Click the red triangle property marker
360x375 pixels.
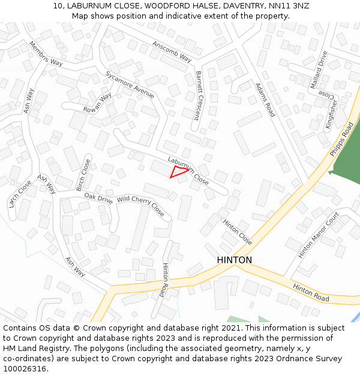coord(178,172)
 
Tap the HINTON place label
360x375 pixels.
coord(234,260)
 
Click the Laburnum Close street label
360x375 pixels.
coord(188,171)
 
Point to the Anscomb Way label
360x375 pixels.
coord(172,52)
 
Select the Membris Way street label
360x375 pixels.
coord(46,53)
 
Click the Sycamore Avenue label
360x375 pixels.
coord(130,85)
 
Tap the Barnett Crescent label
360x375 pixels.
coord(199,96)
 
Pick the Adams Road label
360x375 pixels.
coord(265,100)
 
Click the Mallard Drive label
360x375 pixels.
coord(319,70)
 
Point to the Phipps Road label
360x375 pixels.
coord(341,140)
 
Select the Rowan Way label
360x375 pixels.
coord(98,102)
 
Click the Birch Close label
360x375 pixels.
coord(83,175)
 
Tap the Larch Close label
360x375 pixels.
coord(20,194)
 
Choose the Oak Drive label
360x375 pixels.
coord(98,199)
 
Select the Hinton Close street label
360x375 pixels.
coord(238,232)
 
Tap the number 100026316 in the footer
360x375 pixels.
coord(25,368)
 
